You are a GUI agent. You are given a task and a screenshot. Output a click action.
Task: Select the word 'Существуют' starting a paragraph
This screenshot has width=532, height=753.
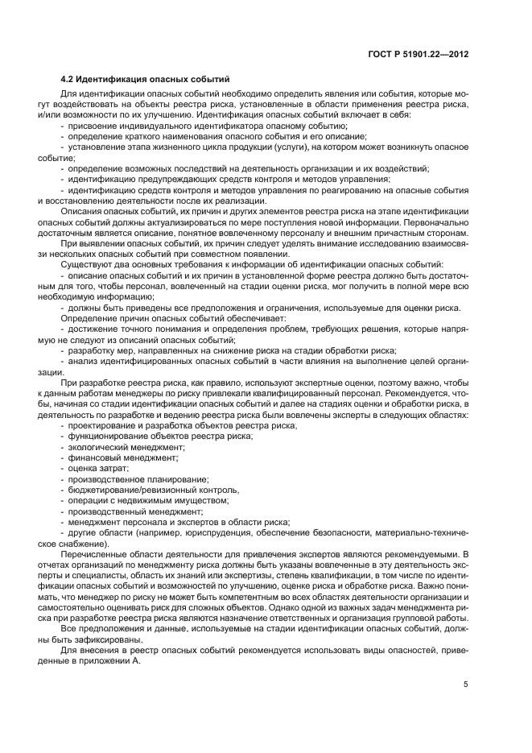[88, 263]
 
